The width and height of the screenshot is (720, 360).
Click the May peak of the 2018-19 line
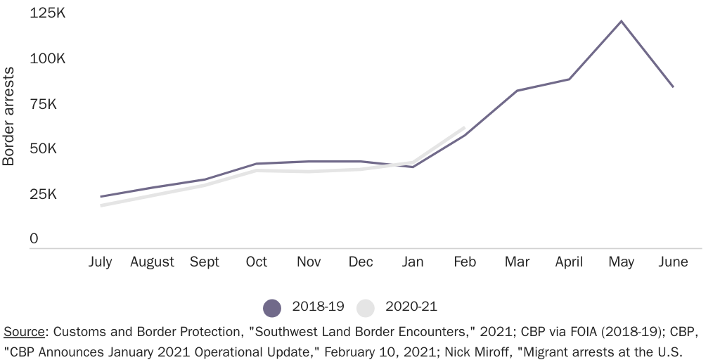(x=621, y=21)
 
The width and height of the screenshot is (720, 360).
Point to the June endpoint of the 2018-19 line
(x=673, y=86)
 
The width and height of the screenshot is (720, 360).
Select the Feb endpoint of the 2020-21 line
(x=464, y=128)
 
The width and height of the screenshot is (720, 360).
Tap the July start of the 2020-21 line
(x=101, y=205)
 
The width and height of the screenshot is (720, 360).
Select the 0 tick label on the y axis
(x=34, y=239)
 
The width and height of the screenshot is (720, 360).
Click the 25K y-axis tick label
(x=43, y=194)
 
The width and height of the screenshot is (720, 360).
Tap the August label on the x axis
(x=152, y=262)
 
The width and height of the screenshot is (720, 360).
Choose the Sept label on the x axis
(x=205, y=262)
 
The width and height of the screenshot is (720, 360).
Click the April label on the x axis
(x=569, y=262)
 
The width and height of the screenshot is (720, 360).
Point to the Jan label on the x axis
(x=413, y=262)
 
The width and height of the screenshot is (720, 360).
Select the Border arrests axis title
(x=8, y=116)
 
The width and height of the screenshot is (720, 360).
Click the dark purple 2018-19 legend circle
(x=272, y=307)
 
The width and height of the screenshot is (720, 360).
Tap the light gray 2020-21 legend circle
(x=366, y=307)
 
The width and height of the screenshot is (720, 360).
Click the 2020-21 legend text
(x=411, y=307)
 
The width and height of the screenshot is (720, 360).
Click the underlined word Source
(x=24, y=332)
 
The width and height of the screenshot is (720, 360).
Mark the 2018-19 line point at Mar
(x=517, y=91)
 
